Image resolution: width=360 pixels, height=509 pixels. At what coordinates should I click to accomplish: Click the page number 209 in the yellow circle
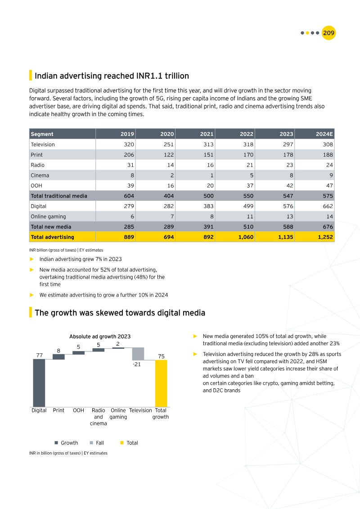[x=328, y=33]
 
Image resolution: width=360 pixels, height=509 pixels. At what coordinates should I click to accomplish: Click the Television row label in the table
[x=43, y=144]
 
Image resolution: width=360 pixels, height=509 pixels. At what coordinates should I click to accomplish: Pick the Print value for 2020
[x=168, y=155]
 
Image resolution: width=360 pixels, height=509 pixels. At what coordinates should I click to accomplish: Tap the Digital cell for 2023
[x=287, y=206]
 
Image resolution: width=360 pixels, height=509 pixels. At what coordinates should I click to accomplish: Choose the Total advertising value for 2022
[x=246, y=237]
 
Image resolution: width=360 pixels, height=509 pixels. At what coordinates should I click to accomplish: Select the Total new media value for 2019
[x=128, y=227]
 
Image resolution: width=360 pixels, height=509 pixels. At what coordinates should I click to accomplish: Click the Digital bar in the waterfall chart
[x=39, y=383]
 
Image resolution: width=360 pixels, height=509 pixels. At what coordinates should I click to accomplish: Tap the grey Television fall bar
[x=138, y=354]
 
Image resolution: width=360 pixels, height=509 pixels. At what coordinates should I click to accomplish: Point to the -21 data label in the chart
[x=137, y=365]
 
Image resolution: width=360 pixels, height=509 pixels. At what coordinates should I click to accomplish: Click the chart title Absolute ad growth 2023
[x=100, y=337]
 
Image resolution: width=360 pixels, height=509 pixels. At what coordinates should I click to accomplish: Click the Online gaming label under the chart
[x=118, y=414]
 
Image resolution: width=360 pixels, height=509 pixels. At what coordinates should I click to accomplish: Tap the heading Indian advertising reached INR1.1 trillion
[x=112, y=76]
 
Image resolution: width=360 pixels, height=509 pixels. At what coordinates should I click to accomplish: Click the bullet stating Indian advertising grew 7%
[x=81, y=259]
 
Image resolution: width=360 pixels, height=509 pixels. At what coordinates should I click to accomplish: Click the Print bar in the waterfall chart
[x=58, y=357]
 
